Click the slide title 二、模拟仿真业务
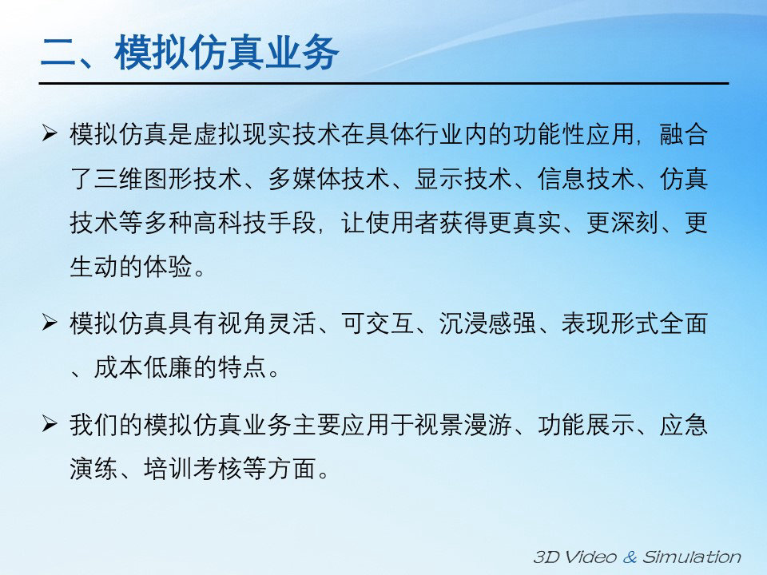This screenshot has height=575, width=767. pos(189,53)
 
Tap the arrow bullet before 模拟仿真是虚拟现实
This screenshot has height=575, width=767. pos(50,133)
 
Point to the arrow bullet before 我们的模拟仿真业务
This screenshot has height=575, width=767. pos(50,423)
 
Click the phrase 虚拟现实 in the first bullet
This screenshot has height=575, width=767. pos(242,134)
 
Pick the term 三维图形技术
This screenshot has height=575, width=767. pos(168,178)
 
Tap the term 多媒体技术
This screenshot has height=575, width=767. pos(328,178)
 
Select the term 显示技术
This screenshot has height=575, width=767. pos(463,178)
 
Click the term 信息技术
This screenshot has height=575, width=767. pos(586,178)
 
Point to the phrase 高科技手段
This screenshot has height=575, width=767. pos(254,223)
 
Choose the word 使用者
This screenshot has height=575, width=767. pos(401,223)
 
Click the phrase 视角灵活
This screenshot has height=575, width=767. pos(266,323)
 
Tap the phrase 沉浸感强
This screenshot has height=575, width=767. pos(487,323)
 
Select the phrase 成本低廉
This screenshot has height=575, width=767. pos(143,367)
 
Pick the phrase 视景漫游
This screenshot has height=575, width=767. pos(463,424)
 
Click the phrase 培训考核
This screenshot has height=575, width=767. pos(193,469)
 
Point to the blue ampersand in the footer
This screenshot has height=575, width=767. pos(630,557)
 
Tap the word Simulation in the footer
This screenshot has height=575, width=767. pos(692,557)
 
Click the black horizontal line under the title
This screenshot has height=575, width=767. pos(384,84)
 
